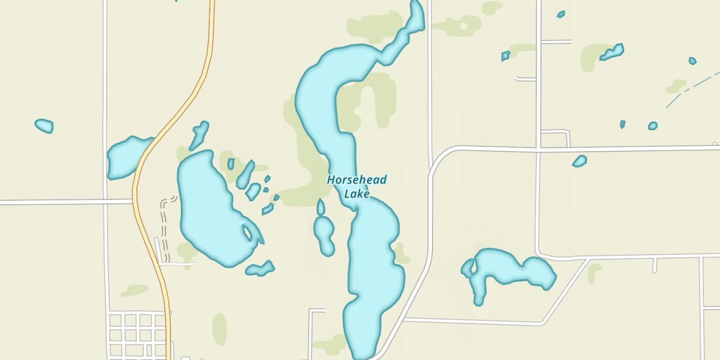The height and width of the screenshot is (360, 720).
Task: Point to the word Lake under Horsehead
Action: [357, 194]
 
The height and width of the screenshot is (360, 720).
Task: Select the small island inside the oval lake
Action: [248, 233]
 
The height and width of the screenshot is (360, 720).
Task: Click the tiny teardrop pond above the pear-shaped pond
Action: [321, 207]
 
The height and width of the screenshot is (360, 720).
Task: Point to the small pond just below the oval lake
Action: [261, 268]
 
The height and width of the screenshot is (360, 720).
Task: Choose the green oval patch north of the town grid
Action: [219, 329]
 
